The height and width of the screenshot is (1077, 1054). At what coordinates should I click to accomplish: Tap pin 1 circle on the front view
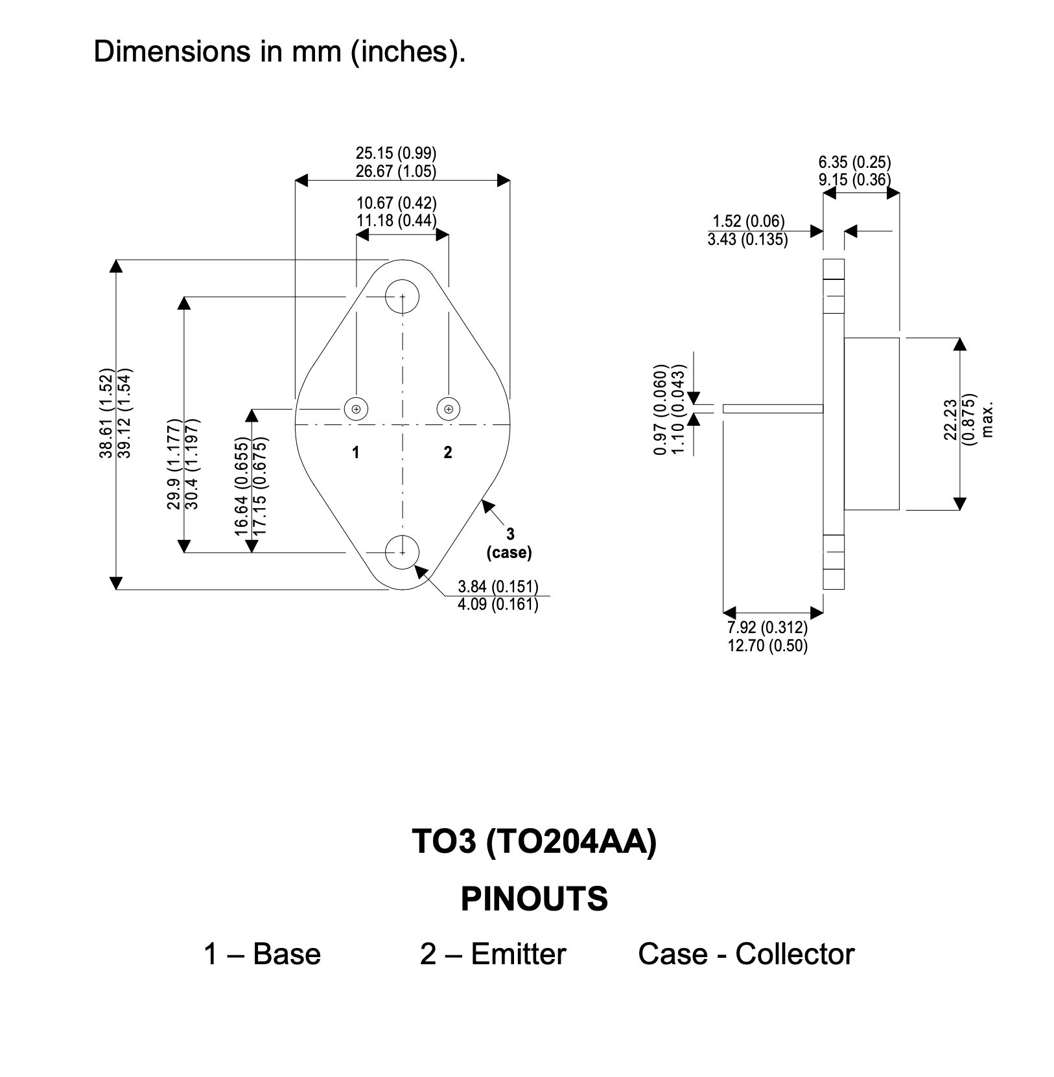click(356, 409)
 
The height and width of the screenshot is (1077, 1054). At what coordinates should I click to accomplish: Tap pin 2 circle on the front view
click(449, 409)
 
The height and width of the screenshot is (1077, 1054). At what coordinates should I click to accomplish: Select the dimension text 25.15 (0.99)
click(396, 154)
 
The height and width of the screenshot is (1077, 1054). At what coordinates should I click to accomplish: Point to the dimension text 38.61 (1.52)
click(106, 417)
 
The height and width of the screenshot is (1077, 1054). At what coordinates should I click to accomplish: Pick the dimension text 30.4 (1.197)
click(192, 464)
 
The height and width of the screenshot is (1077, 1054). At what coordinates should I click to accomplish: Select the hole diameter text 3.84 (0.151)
click(498, 587)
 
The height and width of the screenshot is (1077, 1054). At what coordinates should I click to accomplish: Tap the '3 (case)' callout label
click(509, 543)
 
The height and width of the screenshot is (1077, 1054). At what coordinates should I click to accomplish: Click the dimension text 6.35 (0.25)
click(854, 162)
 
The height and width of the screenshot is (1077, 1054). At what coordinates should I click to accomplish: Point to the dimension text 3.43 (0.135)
click(748, 240)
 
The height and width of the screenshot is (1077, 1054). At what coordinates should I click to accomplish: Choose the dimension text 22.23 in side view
click(950, 419)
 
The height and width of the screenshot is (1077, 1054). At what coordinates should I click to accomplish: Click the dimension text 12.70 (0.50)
click(767, 646)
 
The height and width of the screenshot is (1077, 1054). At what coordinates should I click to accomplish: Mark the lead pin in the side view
click(773, 409)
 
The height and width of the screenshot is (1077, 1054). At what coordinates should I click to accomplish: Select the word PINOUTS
click(535, 899)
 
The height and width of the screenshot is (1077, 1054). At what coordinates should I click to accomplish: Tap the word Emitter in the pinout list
click(519, 955)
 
